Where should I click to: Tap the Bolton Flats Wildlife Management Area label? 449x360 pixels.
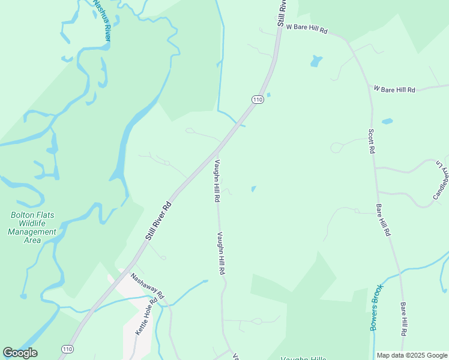(x=33, y=227)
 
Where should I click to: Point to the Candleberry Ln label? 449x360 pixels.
(x=441, y=180)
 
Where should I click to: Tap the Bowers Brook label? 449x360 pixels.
(x=376, y=307)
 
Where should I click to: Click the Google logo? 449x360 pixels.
(x=20, y=353)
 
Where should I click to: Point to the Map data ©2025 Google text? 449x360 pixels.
(x=412, y=355)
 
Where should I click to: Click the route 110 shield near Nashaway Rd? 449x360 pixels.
(x=67, y=349)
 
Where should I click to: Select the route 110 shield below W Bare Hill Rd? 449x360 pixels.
(x=258, y=100)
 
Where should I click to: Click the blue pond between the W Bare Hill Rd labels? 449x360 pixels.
(x=316, y=61)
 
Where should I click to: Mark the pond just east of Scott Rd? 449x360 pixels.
(x=387, y=121)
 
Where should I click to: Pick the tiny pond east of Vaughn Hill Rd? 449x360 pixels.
(x=253, y=189)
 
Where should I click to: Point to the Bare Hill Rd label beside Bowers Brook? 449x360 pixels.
(x=404, y=318)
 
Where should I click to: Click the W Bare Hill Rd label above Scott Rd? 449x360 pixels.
(x=394, y=89)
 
